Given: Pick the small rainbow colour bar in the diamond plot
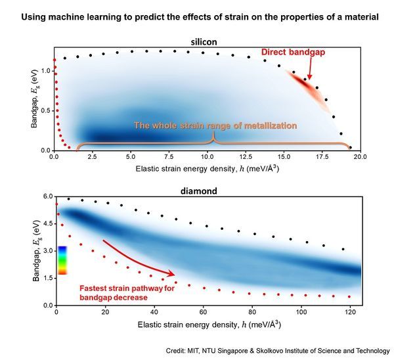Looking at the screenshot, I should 62,259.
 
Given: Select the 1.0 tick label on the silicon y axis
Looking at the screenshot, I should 45,70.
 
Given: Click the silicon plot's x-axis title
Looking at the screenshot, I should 208,169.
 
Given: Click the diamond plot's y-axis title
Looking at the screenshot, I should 34,250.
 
